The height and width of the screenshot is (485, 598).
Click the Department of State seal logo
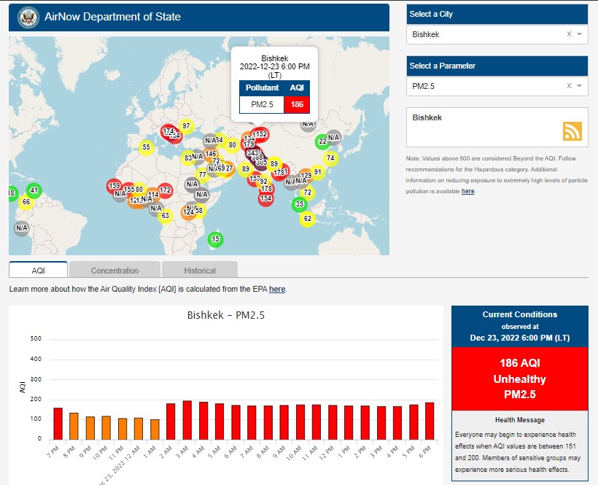tap(28, 17)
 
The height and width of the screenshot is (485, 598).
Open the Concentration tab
tap(114, 271)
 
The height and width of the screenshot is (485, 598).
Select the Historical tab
tap(199, 271)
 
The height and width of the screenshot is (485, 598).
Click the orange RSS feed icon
tap(572, 131)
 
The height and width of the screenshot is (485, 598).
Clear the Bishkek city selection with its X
tap(569, 34)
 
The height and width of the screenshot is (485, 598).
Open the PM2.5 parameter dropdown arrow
tap(579, 86)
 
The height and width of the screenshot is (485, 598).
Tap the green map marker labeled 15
tap(215, 239)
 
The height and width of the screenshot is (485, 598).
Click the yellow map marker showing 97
tap(186, 126)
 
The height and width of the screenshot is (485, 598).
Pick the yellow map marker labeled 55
tap(146, 147)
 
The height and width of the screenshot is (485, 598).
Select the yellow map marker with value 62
tap(307, 219)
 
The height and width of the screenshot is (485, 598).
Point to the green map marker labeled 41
tap(34, 191)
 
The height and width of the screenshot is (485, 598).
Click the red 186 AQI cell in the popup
tap(297, 104)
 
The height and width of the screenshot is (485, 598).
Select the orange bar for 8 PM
tap(74, 426)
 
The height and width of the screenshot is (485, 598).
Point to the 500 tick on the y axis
tap(36, 339)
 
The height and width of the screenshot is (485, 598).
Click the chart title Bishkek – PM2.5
tap(225, 316)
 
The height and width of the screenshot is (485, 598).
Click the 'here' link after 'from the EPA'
tap(277, 290)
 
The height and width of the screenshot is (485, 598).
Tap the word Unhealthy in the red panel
tap(519, 379)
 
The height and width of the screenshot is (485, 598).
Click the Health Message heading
tap(519, 420)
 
